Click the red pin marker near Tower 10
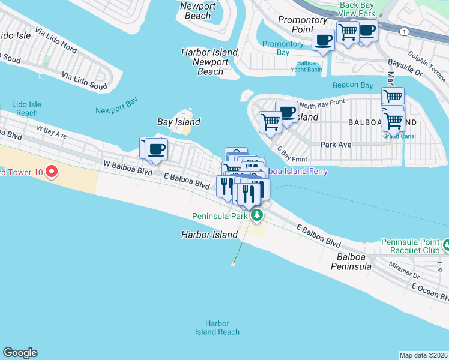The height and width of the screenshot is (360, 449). [x=51, y=172]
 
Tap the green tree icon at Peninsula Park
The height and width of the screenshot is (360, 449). [x=257, y=215]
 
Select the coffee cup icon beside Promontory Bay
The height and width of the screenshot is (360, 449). [x=324, y=40]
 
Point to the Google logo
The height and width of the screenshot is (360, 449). [x=20, y=353]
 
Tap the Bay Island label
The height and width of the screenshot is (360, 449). [x=178, y=122]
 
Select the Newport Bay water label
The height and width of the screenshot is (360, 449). [x=116, y=110]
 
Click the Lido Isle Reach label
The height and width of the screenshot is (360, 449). [x=27, y=109]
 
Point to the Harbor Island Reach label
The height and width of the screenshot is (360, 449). [x=217, y=328]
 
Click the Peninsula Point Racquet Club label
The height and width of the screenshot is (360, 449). [x=411, y=247]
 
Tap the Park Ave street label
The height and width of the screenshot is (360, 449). [x=335, y=145]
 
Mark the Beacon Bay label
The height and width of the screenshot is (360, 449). [x=354, y=85]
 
